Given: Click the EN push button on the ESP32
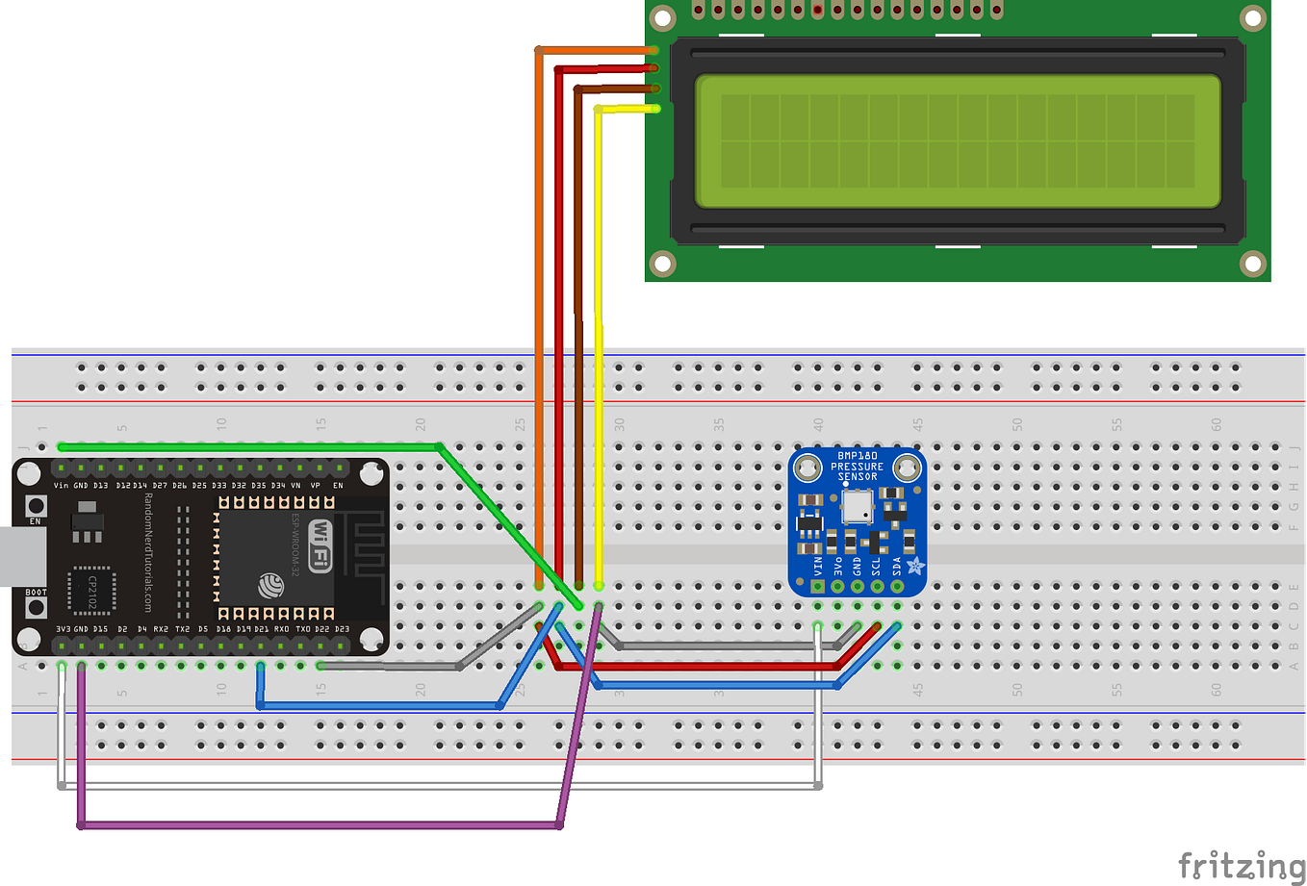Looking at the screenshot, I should (36, 506).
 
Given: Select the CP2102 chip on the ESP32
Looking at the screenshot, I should (92, 588).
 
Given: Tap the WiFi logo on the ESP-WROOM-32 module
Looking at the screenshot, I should (320, 544).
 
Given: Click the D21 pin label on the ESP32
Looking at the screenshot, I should (261, 629).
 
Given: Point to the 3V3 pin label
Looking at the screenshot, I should (63, 629).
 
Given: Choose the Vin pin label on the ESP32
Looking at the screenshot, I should (61, 486).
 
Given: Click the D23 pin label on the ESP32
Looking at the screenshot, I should (342, 629).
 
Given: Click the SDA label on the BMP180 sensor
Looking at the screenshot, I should (897, 566).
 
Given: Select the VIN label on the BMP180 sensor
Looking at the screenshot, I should (818, 566).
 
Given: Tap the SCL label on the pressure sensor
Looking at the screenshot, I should (877, 566).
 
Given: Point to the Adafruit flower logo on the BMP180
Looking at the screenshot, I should (915, 567).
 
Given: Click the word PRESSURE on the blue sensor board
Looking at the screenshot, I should (857, 467).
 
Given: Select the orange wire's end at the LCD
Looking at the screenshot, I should (653, 49).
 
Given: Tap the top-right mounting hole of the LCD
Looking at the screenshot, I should (1252, 17).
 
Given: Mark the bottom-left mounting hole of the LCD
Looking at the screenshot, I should (663, 263).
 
